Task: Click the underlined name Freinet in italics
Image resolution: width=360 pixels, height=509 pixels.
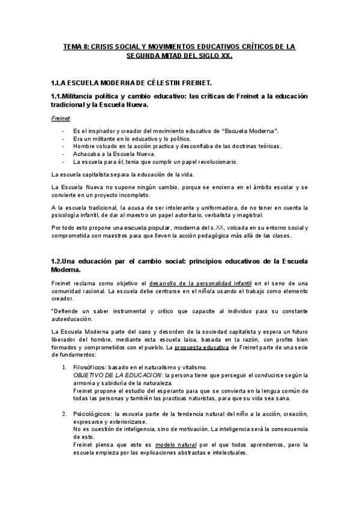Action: [x=61, y=118]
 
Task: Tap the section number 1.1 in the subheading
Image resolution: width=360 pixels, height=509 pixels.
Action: [x=58, y=96]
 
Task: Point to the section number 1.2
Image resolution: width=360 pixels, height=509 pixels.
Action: [x=58, y=260]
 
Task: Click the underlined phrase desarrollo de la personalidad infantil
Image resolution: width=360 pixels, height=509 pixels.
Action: [x=200, y=283]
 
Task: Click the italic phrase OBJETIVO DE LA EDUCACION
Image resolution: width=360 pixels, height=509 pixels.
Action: [x=113, y=375]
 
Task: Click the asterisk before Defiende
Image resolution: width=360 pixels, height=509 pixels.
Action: [x=53, y=311]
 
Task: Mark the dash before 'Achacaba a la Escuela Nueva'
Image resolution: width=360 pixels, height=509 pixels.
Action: [x=63, y=154]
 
